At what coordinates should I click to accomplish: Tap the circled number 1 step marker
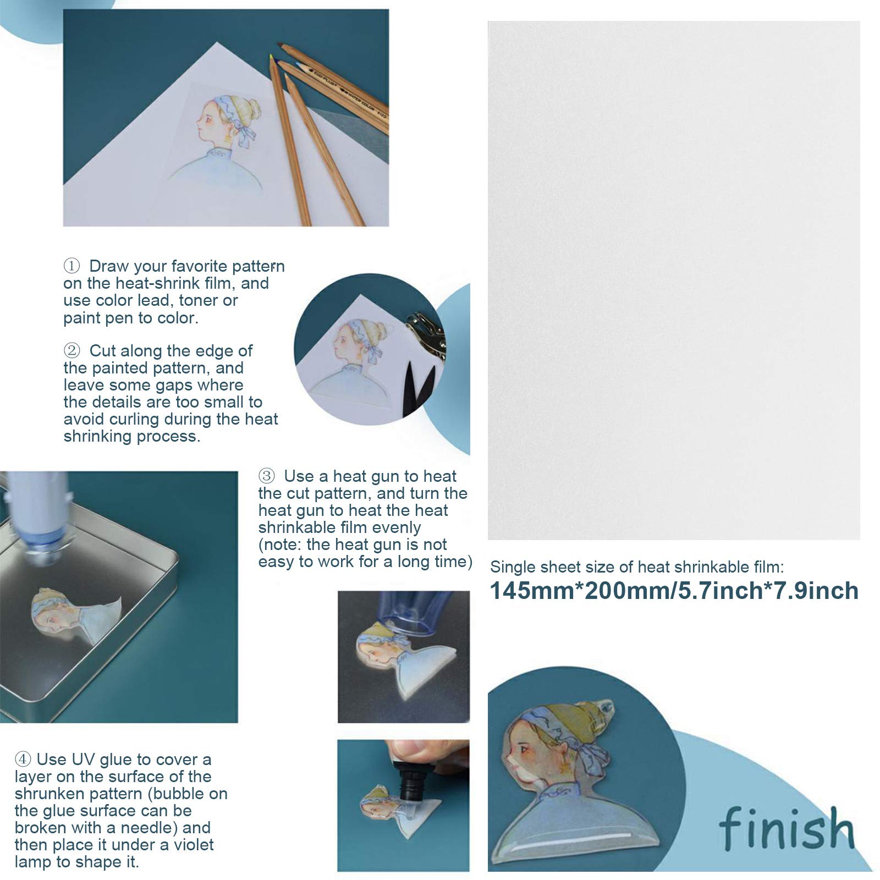[x=71, y=266]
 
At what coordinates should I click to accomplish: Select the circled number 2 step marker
[x=71, y=350]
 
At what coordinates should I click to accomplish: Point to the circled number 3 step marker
[x=266, y=476]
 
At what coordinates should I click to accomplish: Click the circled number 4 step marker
[x=23, y=760]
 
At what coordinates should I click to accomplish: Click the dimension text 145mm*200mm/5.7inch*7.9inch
[x=674, y=591]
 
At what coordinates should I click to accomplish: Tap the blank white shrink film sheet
[x=674, y=280]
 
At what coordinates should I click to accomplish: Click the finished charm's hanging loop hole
[x=604, y=705]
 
